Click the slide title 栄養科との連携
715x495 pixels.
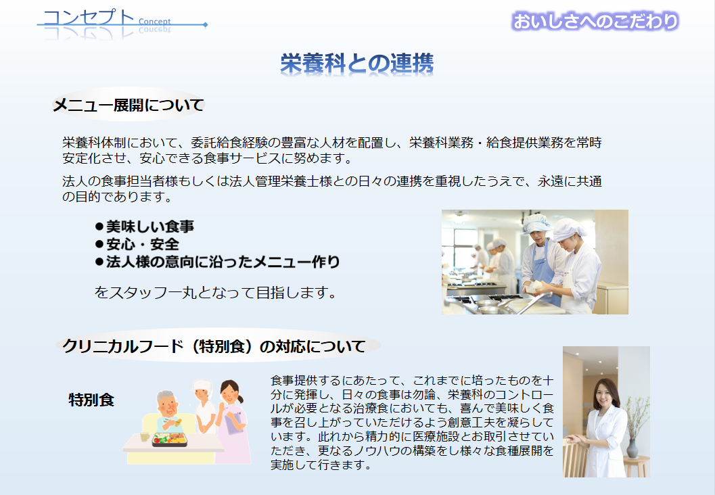pyautogui.click(x=356, y=64)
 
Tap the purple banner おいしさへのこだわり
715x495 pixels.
pyautogui.click(x=595, y=22)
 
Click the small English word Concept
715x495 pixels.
pyautogui.click(x=155, y=22)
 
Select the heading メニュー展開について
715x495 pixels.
pyautogui.click(x=129, y=105)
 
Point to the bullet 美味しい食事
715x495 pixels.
pyautogui.click(x=145, y=227)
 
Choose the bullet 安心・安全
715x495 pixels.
pyautogui.click(x=137, y=244)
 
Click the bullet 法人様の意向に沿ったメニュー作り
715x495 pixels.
pyautogui.click(x=218, y=262)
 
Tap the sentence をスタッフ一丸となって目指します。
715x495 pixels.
pyautogui.click(x=215, y=292)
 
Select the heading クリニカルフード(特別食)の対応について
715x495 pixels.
pyautogui.click(x=214, y=346)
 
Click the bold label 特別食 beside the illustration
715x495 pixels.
pyautogui.click(x=91, y=400)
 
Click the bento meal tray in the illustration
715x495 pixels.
pyautogui.click(x=170, y=439)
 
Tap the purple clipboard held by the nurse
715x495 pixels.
pyautogui.click(x=233, y=423)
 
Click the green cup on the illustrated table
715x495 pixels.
pyautogui.click(x=145, y=437)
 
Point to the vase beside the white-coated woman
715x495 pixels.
pyautogui.click(x=632, y=448)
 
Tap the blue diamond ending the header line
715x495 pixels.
pyautogui.click(x=206, y=24)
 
